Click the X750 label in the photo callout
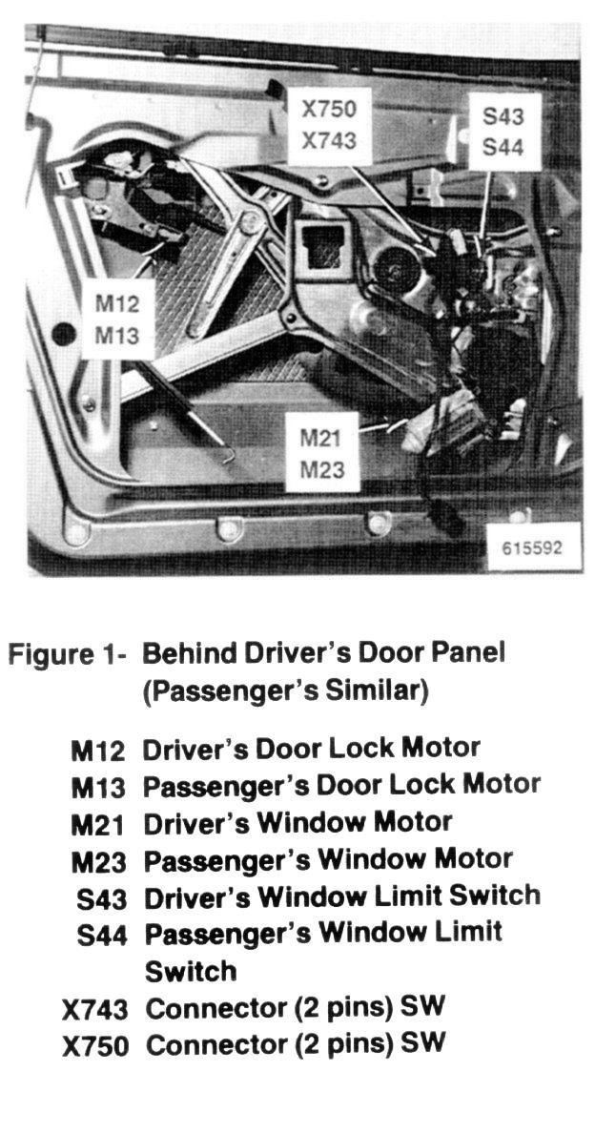point(329,110)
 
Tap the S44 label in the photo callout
point(503,148)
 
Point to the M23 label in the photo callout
point(320,469)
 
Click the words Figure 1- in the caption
point(68,654)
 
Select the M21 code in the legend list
point(97,823)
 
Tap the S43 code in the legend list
point(101,897)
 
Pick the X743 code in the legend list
point(94,1008)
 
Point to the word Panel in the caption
point(464,653)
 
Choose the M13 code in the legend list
point(97,786)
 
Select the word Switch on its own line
point(190,971)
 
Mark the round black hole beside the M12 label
point(64,334)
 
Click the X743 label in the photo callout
point(329,140)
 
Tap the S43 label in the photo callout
point(503,118)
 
